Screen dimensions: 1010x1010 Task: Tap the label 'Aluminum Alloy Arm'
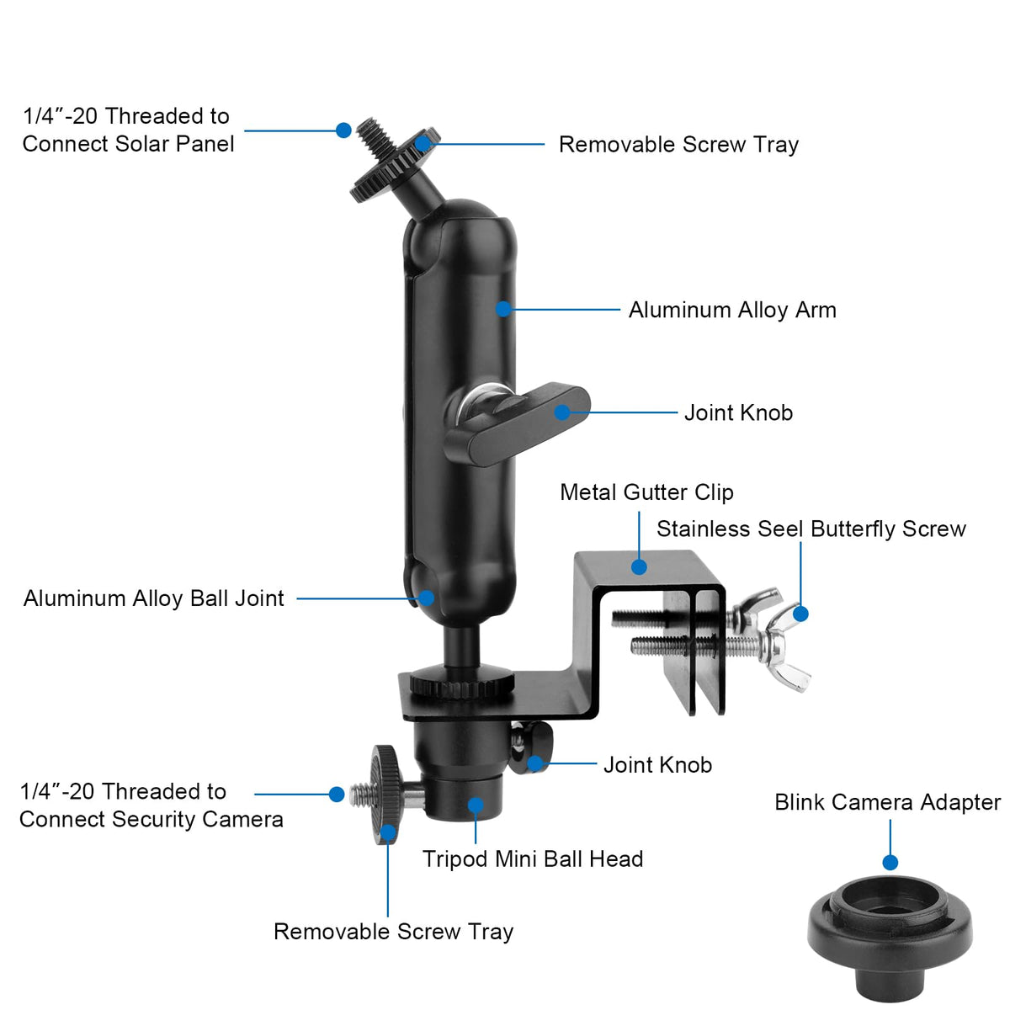732,311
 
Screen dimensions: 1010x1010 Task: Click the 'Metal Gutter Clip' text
646,492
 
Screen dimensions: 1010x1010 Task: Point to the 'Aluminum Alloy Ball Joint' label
153,598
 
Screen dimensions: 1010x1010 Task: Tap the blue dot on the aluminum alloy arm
503,309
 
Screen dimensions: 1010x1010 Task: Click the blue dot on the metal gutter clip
638,567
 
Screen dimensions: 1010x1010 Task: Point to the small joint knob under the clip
530,747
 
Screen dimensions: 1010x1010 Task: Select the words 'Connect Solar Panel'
128,144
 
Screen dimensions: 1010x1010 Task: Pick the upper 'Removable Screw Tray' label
678,145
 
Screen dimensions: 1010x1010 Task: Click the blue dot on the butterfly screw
800,614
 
